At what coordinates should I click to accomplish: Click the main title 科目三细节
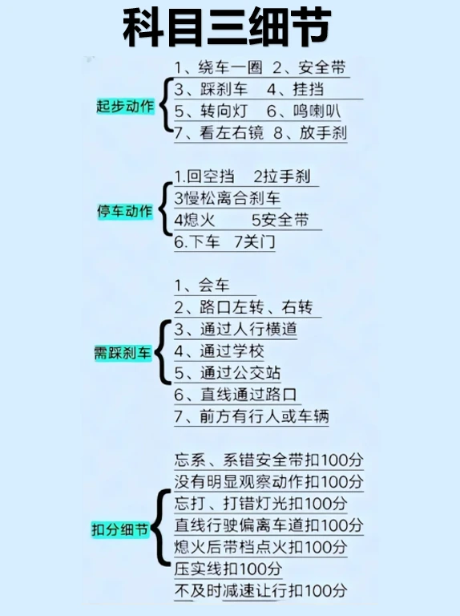227,27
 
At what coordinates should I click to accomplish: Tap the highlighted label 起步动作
125,107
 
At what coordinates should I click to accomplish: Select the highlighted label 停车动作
125,212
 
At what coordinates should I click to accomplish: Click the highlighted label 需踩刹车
123,353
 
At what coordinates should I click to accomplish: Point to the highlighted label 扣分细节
120,529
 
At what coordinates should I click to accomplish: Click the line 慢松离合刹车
228,198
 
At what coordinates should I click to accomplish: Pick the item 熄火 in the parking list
195,220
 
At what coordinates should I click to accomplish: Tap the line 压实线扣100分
228,569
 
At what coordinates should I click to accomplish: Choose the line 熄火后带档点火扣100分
260,547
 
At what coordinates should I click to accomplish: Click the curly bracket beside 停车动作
164,209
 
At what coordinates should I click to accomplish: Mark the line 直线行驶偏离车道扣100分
268,525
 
